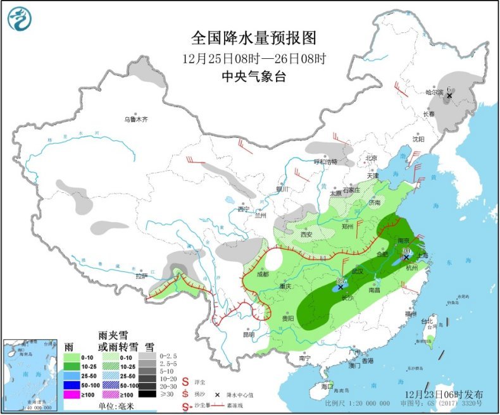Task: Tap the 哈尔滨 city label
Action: coord(435,92)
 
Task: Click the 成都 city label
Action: coord(262,275)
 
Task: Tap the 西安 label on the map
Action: coord(307,233)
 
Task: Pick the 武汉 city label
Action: coord(358,271)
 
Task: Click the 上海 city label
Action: coord(422,255)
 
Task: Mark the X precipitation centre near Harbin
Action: coord(449,96)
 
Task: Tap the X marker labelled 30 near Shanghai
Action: coord(406,257)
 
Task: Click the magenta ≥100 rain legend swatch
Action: coord(75,394)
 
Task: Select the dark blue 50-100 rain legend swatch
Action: coord(75,384)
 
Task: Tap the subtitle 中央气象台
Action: coord(253,77)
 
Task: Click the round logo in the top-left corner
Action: coord(20,19)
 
